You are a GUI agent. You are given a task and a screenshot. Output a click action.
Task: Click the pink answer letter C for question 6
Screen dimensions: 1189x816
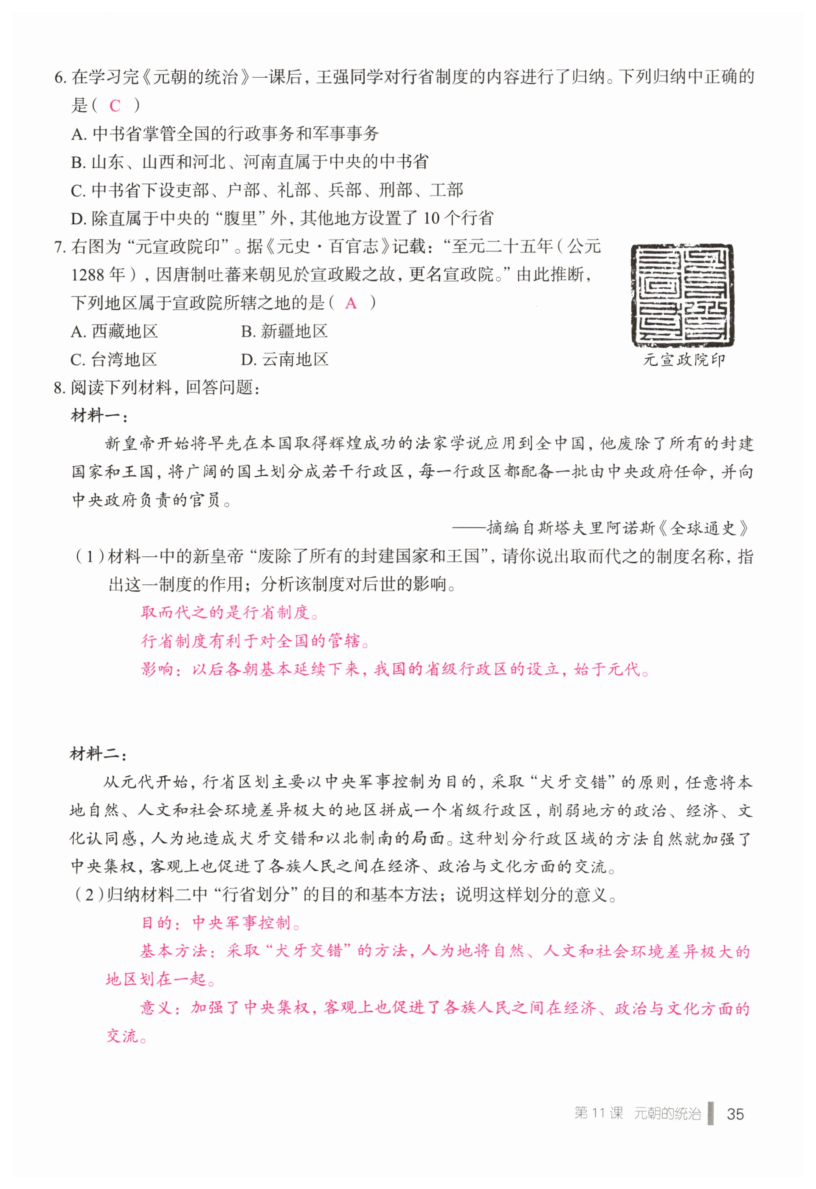pyautogui.click(x=115, y=106)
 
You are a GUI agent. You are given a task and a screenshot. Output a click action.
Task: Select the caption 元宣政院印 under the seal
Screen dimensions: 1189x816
pyautogui.click(x=684, y=360)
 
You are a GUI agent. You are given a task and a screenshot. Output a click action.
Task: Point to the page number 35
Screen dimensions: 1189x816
pyautogui.click(x=736, y=1114)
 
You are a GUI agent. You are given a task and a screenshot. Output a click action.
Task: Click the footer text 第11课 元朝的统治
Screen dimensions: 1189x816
pyautogui.click(x=637, y=1114)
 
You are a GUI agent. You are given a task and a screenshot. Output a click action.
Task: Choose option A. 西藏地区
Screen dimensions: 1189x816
pyautogui.click(x=114, y=332)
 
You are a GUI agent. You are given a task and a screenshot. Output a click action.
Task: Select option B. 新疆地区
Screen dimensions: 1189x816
pyautogui.click(x=284, y=332)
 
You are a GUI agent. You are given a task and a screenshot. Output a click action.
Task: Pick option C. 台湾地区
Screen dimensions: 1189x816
pyautogui.click(x=114, y=360)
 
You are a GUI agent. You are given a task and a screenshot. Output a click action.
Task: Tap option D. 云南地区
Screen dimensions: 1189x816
pyautogui.click(x=284, y=360)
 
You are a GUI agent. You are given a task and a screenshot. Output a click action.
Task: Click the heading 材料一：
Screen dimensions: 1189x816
pyautogui.click(x=99, y=416)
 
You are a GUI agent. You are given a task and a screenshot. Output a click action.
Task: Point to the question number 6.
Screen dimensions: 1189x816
pyautogui.click(x=59, y=78)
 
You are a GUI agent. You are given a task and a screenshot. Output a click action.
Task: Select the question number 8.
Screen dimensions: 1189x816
pyautogui.click(x=59, y=388)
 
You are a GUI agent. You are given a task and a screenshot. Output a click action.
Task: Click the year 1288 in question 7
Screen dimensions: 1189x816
pyautogui.click(x=87, y=275)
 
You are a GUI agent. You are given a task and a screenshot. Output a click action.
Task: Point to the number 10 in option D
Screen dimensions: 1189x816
pyautogui.click(x=431, y=219)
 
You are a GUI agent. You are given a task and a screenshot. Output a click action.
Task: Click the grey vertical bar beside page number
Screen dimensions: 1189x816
pyautogui.click(x=711, y=1113)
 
